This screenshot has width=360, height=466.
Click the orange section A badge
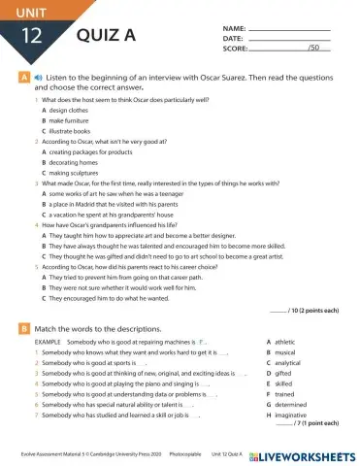(22, 75)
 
